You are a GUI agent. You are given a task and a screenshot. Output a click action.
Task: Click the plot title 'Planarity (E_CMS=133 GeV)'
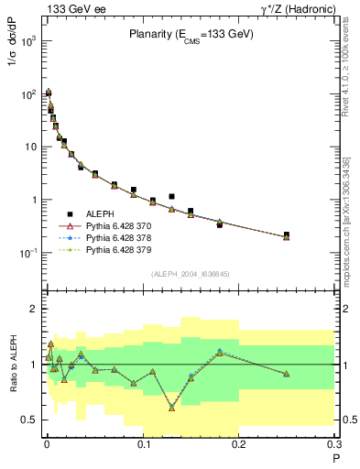(x=191, y=35)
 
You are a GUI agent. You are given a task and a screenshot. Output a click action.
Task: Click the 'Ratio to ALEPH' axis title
(x=16, y=365)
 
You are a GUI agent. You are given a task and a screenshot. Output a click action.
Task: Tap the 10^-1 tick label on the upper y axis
(x=27, y=253)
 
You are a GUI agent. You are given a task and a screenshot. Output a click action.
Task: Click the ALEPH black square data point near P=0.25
(x=287, y=234)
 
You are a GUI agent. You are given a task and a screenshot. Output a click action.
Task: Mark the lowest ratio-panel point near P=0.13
(x=171, y=408)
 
